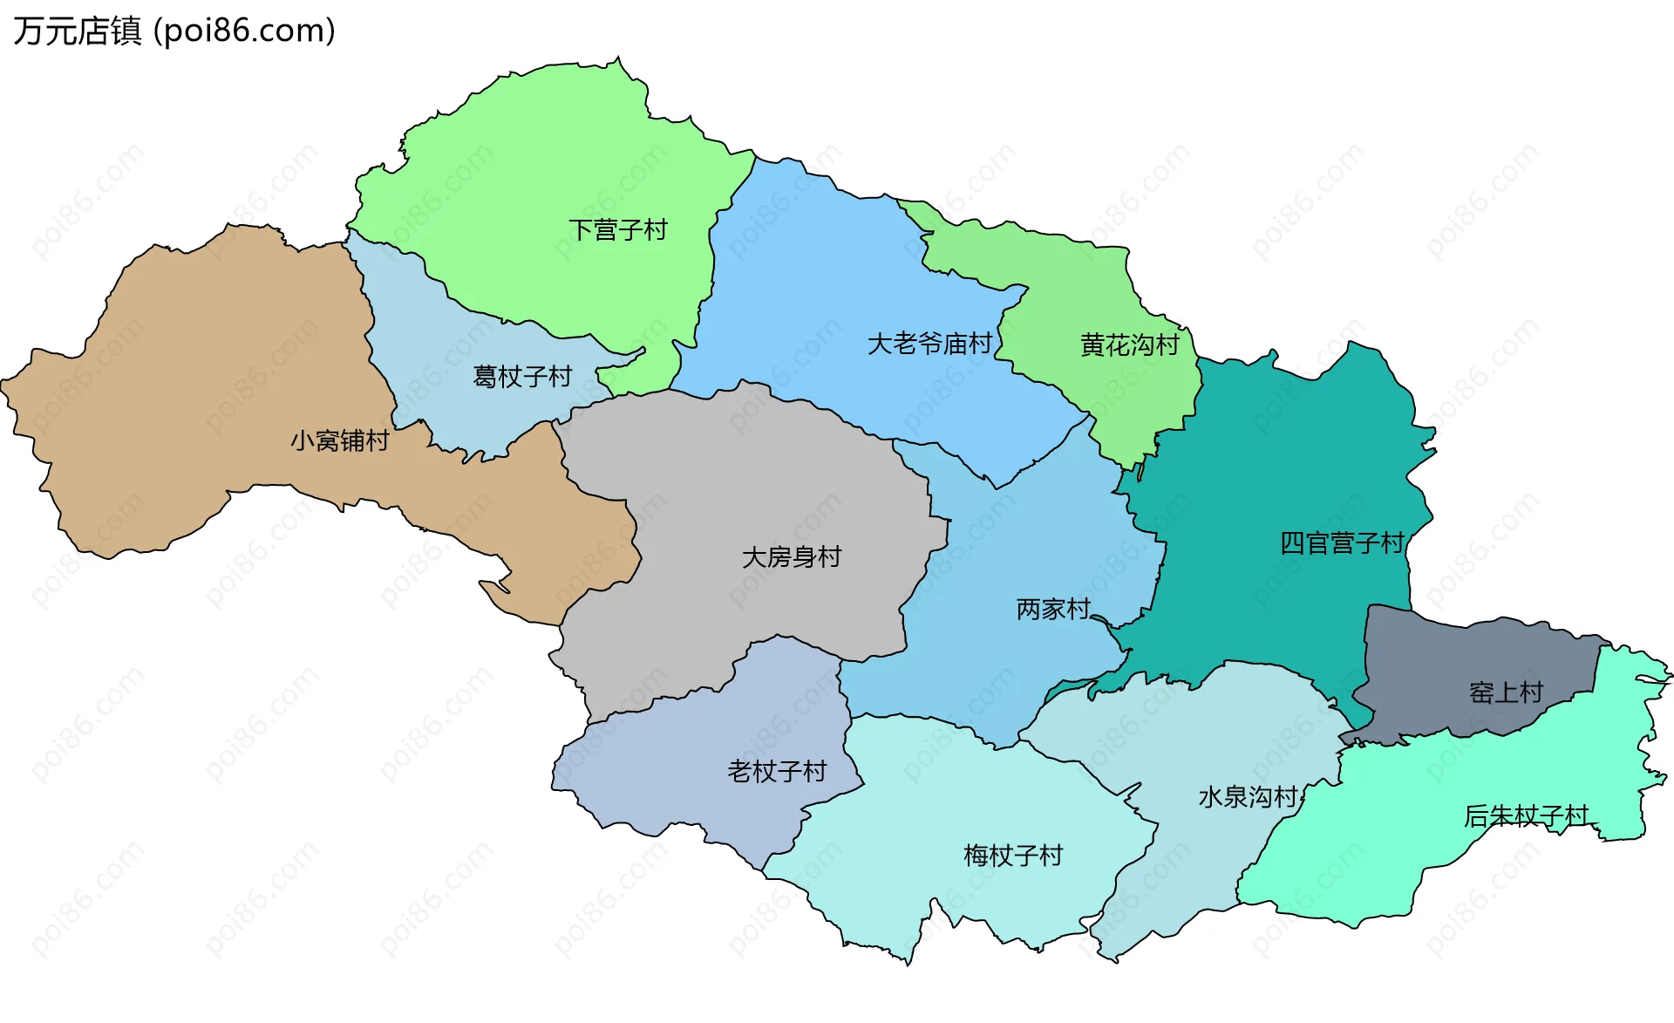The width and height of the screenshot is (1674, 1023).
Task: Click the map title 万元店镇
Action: coord(77,31)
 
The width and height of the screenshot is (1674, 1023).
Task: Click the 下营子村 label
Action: coord(617,230)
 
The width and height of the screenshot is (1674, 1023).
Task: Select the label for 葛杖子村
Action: coord(521,377)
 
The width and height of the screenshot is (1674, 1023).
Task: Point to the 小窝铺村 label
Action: coord(339,441)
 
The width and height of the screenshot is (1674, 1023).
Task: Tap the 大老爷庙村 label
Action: coord(929,344)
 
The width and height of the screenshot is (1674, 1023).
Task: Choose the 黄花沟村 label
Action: coord(1129,345)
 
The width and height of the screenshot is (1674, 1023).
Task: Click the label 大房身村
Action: coord(791,557)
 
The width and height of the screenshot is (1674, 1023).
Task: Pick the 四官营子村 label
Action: coord(1342,543)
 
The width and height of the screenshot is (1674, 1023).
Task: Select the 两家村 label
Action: coord(1053,609)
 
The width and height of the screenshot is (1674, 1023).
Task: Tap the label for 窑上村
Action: coord(1506,692)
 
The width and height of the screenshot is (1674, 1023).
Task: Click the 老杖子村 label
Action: coord(776,772)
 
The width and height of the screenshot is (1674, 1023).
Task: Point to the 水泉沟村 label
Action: coord(1249,797)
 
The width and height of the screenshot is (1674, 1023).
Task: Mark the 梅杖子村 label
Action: coord(1013,856)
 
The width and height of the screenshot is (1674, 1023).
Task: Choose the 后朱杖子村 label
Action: coord(1526,816)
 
